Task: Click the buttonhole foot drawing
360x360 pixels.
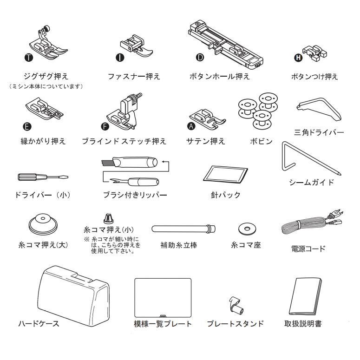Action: point(225,42)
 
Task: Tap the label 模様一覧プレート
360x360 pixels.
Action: point(162,324)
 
